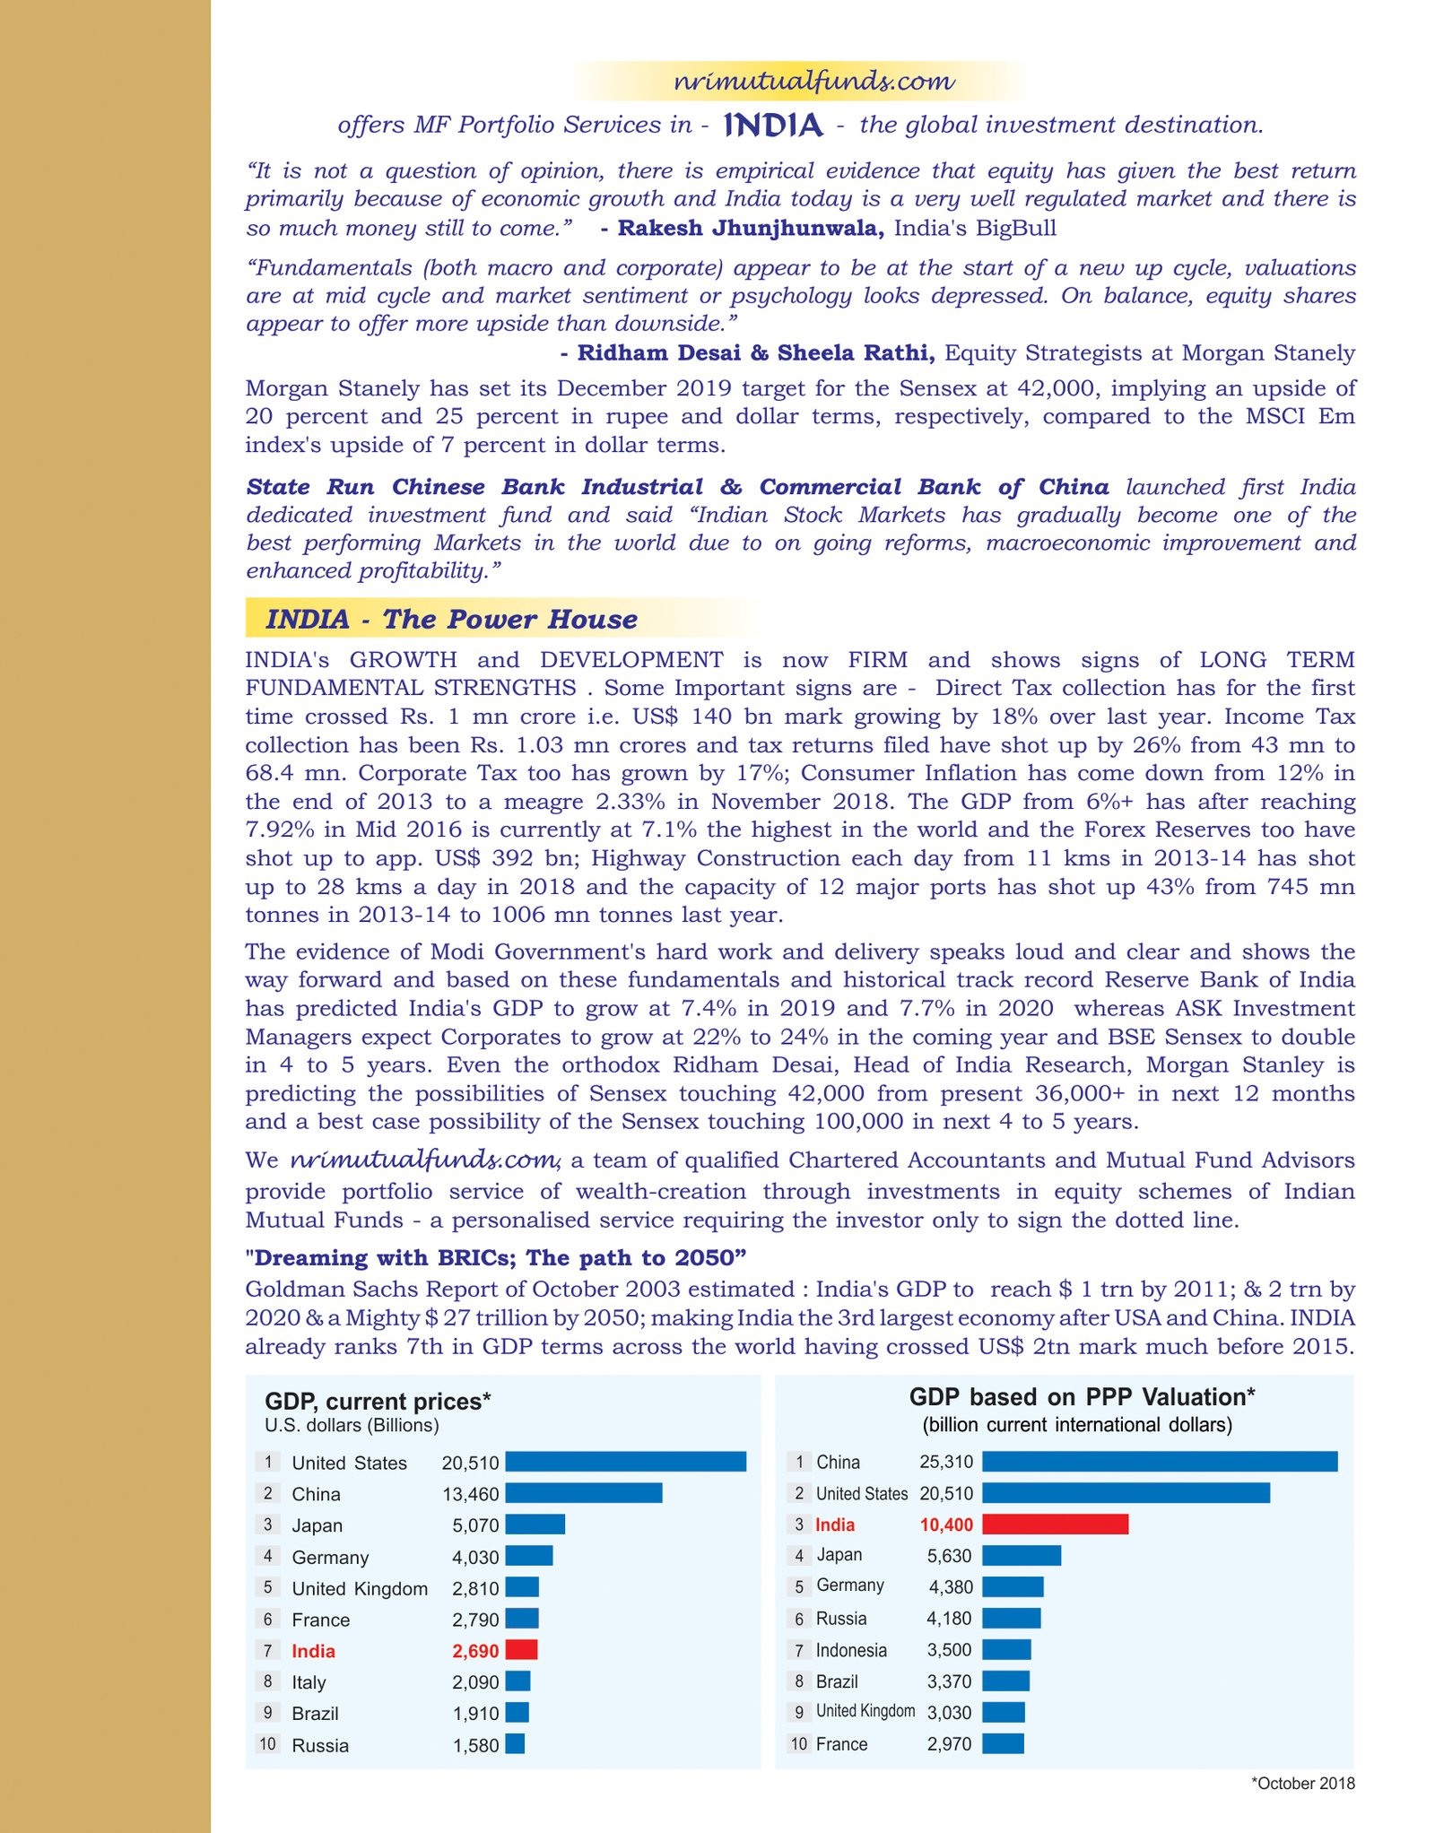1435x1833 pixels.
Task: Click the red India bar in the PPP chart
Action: [1055, 1524]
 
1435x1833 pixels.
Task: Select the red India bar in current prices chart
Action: [521, 1649]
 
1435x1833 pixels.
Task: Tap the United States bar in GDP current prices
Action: [625, 1462]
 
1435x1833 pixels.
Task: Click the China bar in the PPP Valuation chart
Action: [1159, 1462]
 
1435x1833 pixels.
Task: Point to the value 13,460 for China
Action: [470, 1494]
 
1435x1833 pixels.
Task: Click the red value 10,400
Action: [946, 1525]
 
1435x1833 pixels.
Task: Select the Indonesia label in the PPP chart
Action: [851, 1650]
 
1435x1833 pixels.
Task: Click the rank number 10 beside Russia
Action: [267, 1744]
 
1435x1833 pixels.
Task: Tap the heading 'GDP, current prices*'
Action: [378, 1402]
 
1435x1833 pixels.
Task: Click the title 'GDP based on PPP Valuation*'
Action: [1082, 1397]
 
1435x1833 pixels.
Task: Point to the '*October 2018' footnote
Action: [1302, 1784]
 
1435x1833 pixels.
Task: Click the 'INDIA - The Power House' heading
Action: [451, 619]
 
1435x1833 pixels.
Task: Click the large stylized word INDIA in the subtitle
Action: [773, 125]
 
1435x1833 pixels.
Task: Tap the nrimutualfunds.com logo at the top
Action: [813, 82]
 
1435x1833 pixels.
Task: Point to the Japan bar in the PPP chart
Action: [1022, 1555]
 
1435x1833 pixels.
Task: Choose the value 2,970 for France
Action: [949, 1744]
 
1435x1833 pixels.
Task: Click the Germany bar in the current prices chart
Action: [529, 1556]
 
